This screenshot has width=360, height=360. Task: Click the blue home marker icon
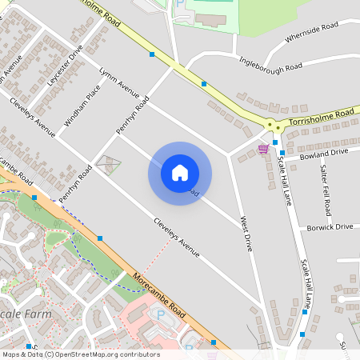pyautogui.click(x=180, y=173)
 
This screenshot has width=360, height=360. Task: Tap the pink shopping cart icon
pyautogui.click(x=263, y=149)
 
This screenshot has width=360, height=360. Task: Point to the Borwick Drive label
pyautogui.click(x=330, y=227)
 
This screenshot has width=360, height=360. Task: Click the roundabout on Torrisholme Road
pyautogui.click(x=274, y=125)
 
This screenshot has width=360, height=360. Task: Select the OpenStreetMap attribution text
pyautogui.click(x=80, y=354)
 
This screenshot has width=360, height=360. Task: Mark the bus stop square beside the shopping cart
pyautogui.click(x=274, y=142)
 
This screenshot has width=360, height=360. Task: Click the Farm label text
pyautogui.click(x=34, y=314)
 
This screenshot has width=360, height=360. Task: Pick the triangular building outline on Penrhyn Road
pyautogui.click(x=108, y=166)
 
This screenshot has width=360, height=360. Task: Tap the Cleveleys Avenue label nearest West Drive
pyautogui.click(x=177, y=237)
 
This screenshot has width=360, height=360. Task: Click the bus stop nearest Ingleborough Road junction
pyautogui.click(x=204, y=83)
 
